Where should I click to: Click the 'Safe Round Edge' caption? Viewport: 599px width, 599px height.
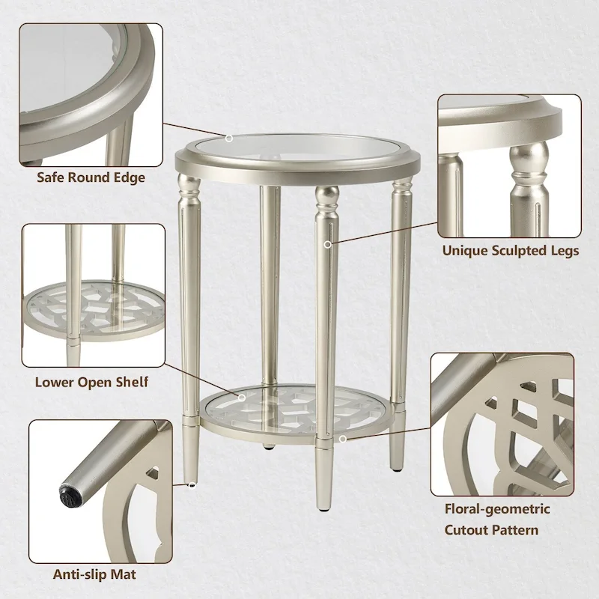tap(91, 178)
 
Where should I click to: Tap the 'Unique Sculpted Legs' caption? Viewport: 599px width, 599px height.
tap(510, 251)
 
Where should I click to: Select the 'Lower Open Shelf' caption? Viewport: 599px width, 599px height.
tap(91, 382)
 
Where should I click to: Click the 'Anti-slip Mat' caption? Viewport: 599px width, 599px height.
tap(94, 575)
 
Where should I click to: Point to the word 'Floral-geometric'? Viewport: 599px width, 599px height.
tap(497, 509)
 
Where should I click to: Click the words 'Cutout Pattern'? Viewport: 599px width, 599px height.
tap(491, 530)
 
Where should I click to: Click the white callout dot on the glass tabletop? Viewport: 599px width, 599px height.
tap(230, 139)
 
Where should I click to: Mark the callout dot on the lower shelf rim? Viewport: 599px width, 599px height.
tap(341, 439)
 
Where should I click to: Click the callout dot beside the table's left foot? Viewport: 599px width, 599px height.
tap(192, 485)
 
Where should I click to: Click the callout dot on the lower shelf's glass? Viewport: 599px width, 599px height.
tap(242, 397)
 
